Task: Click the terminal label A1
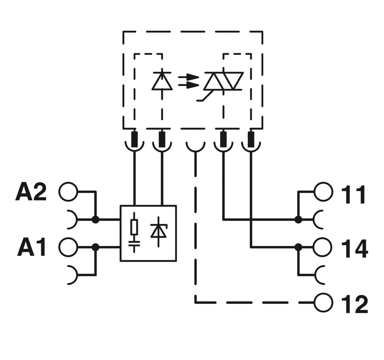[x=31, y=248]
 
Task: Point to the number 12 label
[x=354, y=304]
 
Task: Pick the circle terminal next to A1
[x=68, y=247]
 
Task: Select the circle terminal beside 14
[x=323, y=247]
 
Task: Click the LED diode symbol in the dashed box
[x=162, y=80]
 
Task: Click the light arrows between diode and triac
[x=189, y=81]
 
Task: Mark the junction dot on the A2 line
[x=96, y=220]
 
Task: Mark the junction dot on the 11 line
[x=298, y=220]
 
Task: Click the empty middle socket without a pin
[x=195, y=147]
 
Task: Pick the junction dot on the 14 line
[x=298, y=247]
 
